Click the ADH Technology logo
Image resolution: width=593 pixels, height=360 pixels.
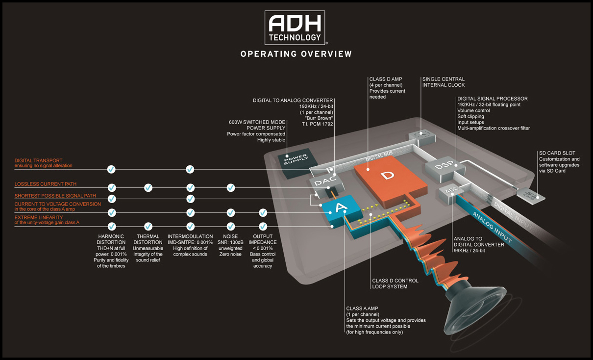pyautogui.click(x=295, y=27)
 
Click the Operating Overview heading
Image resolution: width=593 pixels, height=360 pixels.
pyautogui.click(x=296, y=54)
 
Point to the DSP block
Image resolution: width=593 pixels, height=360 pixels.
pyautogui.click(x=445, y=170)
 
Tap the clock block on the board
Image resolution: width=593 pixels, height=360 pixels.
pyautogui.click(x=422, y=137)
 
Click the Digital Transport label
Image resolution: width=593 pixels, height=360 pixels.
pyautogui.click(x=43, y=163)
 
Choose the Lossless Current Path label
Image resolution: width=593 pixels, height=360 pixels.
pyautogui.click(x=45, y=184)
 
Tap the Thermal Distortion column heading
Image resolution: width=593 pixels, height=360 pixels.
pyautogui.click(x=148, y=239)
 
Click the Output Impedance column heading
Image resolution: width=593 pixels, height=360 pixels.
pyautogui.click(x=263, y=239)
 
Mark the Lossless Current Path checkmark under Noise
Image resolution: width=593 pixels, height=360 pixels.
pyautogui.click(x=230, y=188)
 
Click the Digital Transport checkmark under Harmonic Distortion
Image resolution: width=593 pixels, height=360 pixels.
pyautogui.click(x=111, y=169)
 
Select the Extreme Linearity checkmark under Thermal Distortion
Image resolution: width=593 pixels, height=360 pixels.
pyautogui.click(x=148, y=227)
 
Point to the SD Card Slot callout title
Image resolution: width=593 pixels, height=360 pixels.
pyautogui.click(x=557, y=153)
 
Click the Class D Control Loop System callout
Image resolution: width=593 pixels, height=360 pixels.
pyautogui.click(x=395, y=283)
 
